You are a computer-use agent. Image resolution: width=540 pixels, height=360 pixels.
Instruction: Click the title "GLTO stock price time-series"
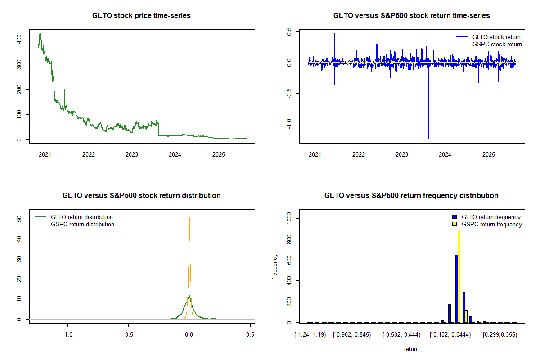[141, 16]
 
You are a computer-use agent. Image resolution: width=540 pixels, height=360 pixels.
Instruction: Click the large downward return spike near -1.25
[428, 137]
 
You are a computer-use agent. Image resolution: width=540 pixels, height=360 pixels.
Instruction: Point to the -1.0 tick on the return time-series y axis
[289, 123]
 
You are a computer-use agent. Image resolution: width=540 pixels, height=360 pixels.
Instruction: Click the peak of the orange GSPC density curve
[189, 216]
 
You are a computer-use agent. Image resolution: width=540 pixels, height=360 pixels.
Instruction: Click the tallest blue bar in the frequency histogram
[456, 288]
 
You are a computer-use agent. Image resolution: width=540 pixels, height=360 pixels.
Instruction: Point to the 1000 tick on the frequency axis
[289, 218]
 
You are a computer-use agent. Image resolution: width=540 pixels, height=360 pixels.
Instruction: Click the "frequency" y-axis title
[275, 266]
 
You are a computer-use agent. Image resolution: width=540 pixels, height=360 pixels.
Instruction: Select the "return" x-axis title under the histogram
[411, 349]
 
